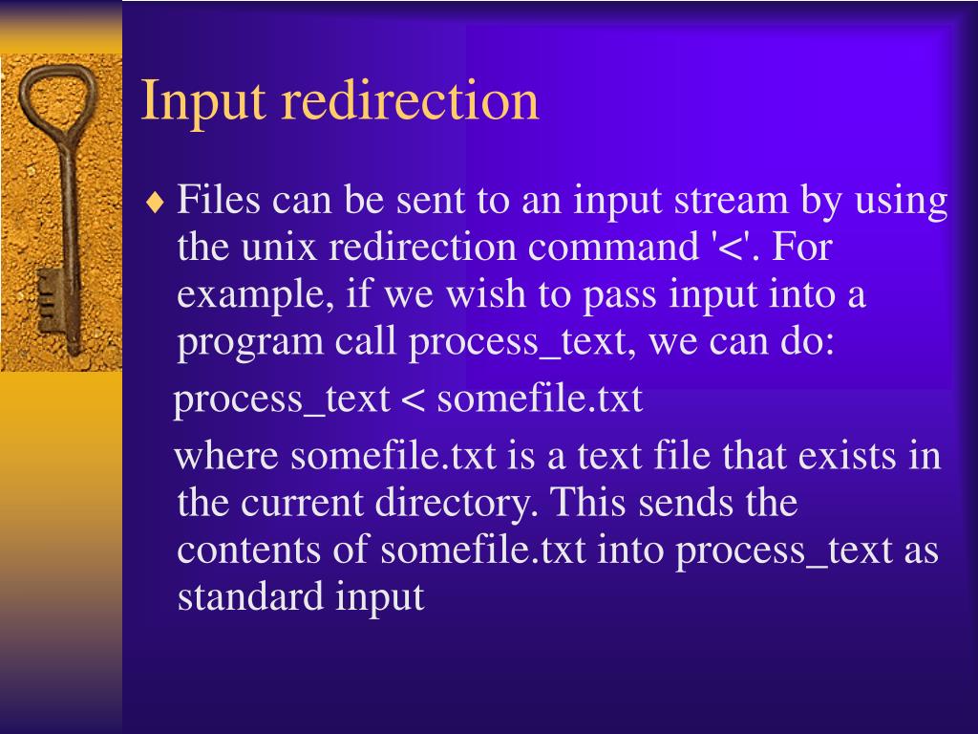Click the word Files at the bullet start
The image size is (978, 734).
pyautogui.click(x=220, y=202)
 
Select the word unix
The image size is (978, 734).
pyautogui.click(x=277, y=248)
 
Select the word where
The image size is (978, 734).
pyautogui.click(x=229, y=456)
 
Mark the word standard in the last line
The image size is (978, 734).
pyautogui.click(x=251, y=596)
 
